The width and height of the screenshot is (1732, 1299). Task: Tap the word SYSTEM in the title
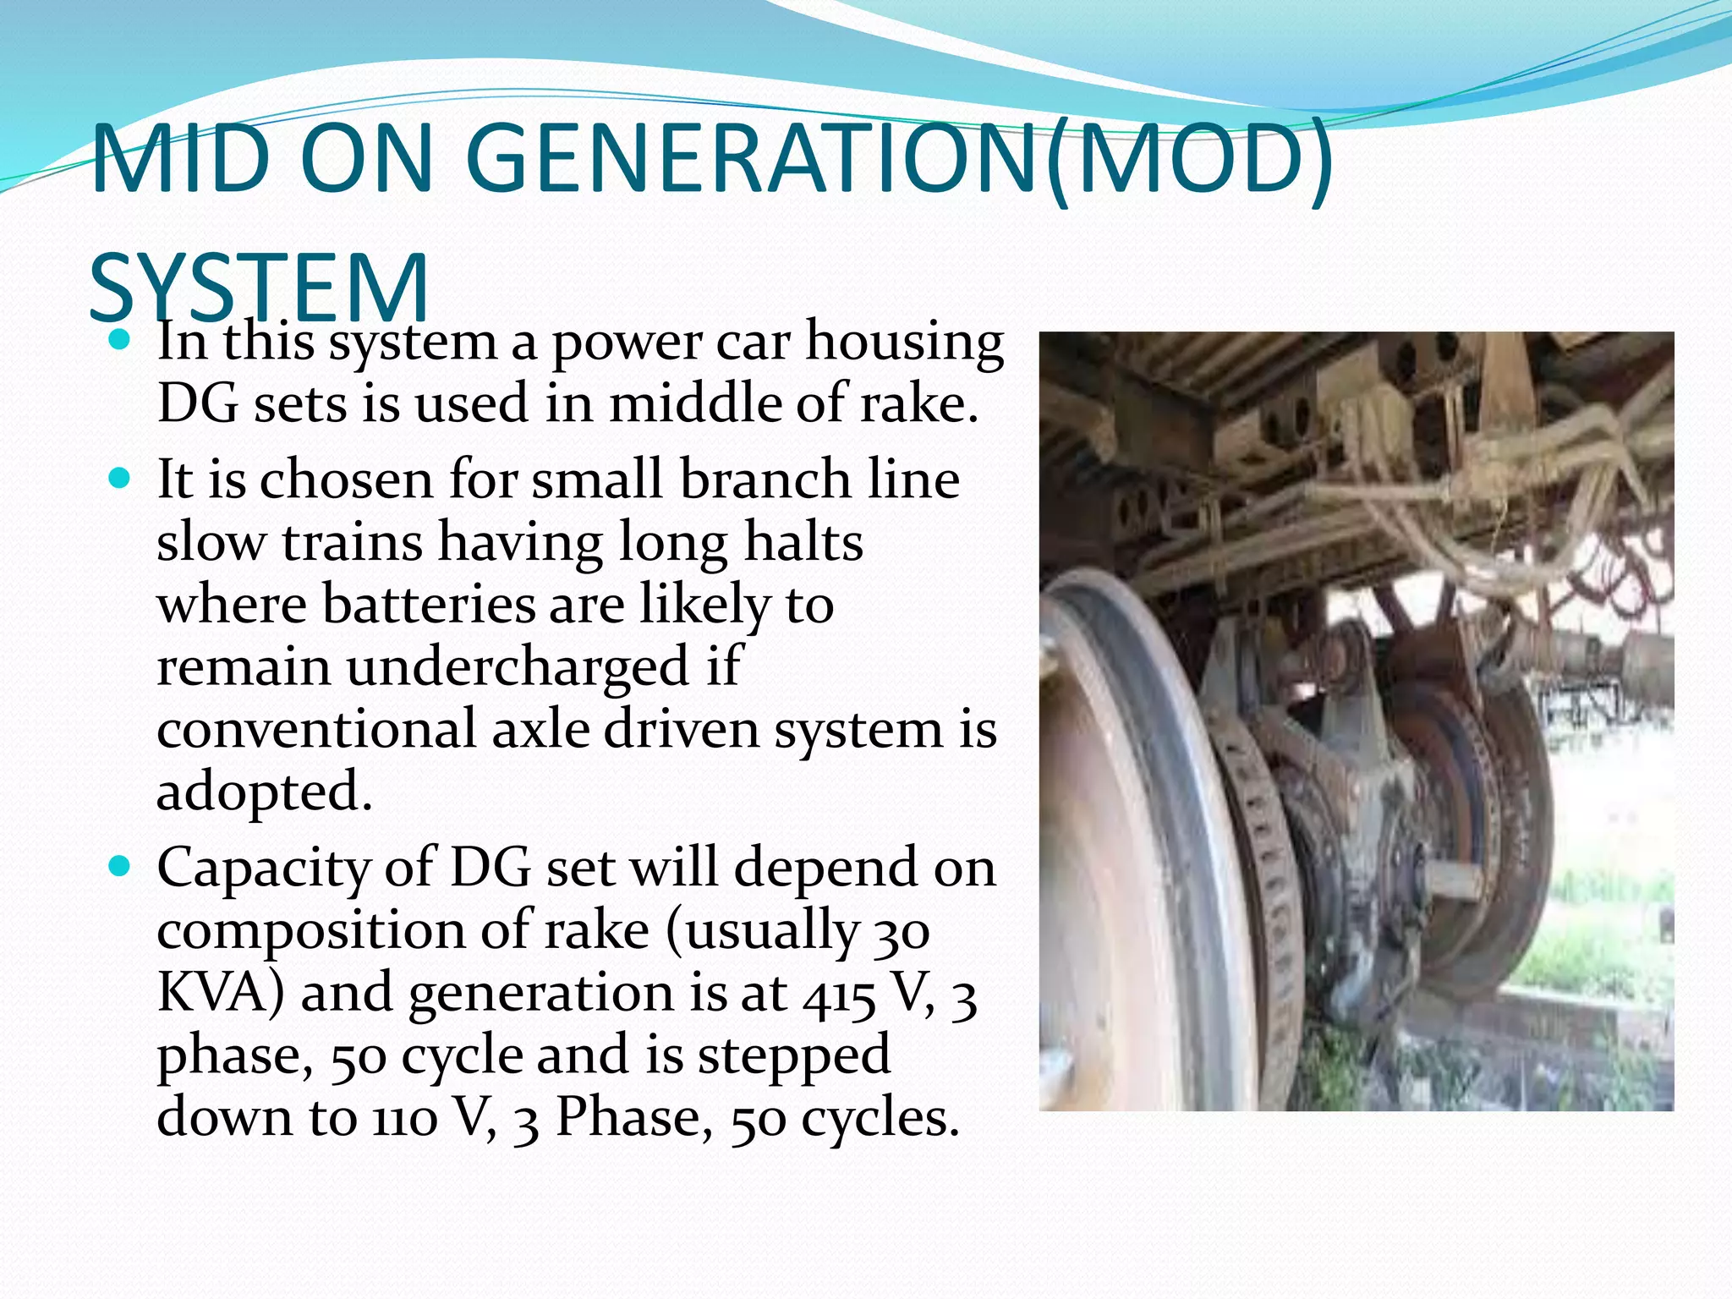(x=259, y=288)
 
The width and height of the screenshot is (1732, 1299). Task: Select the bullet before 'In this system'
(x=120, y=342)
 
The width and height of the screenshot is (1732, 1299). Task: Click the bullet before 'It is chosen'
(x=120, y=480)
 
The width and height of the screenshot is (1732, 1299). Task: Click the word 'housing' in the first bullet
(x=904, y=343)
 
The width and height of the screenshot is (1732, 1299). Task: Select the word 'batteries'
(x=430, y=605)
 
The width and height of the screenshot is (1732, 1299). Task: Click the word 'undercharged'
(x=518, y=667)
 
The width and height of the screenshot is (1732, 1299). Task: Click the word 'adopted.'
(x=264, y=792)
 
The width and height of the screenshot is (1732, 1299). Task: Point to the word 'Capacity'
(x=262, y=869)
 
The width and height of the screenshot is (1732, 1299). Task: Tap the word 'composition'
(x=310, y=932)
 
